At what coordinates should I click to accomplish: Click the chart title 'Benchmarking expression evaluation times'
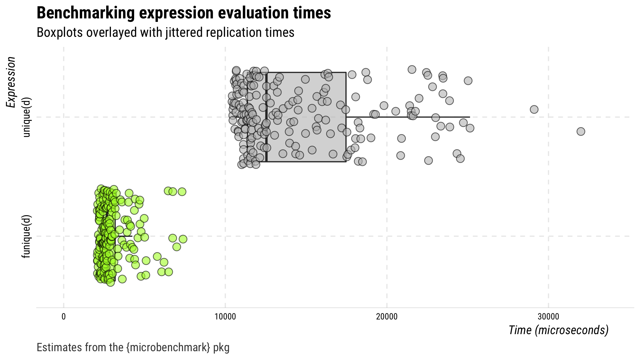pos(183,13)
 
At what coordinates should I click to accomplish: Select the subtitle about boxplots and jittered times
pos(165,33)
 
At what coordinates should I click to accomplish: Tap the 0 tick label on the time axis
pos(63,317)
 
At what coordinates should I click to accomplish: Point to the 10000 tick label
pos(225,317)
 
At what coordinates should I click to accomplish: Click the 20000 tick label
pos(387,317)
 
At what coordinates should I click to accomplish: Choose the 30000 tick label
pos(548,317)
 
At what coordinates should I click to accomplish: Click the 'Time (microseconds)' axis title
pos(558,330)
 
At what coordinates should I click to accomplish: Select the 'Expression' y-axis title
pos(11,82)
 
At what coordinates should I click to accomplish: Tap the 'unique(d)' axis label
pos(27,117)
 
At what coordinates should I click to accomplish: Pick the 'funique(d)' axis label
pos(27,236)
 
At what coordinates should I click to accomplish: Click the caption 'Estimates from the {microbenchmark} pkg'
pos(133,347)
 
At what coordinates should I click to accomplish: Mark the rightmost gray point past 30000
pos(581,131)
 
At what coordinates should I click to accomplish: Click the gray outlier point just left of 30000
pos(534,109)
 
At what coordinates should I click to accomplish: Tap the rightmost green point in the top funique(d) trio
pos(182,192)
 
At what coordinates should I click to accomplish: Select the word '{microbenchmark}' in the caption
pos(168,347)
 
